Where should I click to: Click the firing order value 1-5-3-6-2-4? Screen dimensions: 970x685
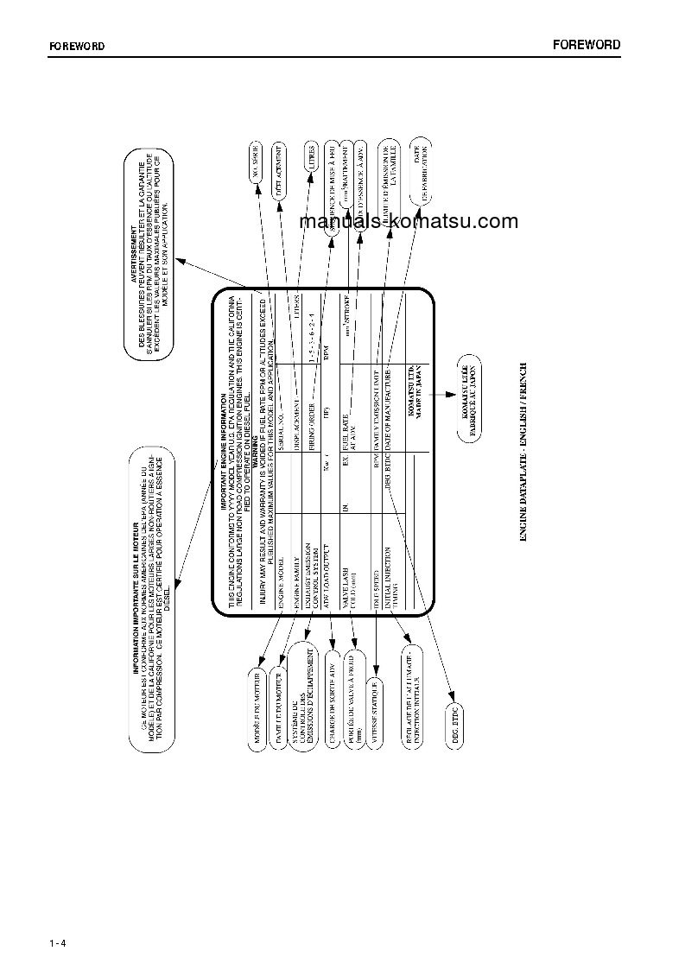pyautogui.click(x=310, y=346)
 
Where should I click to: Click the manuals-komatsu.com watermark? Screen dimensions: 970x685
pyautogui.click(x=408, y=221)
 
